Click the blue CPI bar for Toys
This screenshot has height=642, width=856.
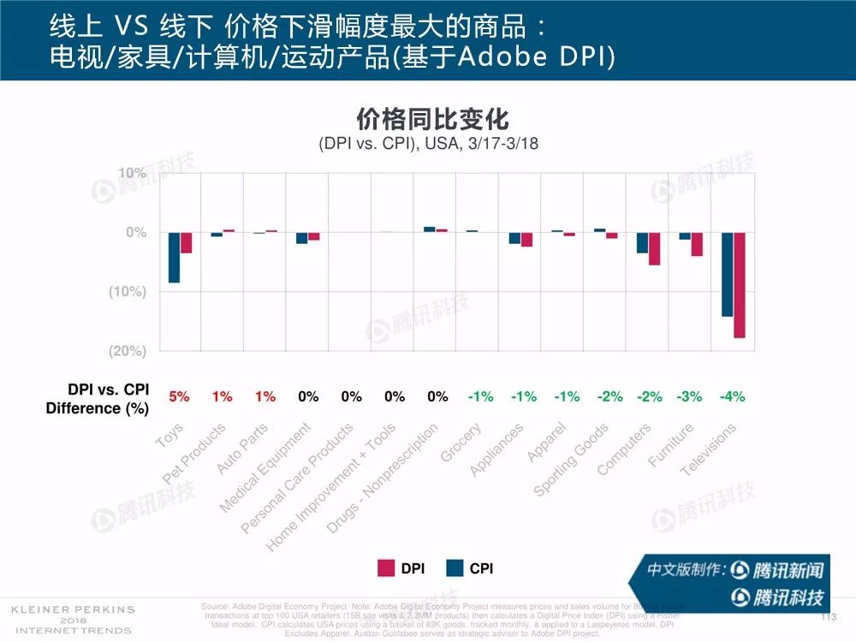[174, 257]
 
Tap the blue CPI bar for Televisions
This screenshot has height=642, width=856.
[728, 274]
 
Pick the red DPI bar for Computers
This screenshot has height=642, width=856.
[654, 248]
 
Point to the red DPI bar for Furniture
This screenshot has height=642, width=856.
[697, 244]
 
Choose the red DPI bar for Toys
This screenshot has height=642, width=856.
[186, 242]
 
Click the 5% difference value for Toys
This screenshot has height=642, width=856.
[178, 396]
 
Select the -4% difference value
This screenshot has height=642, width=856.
[733, 396]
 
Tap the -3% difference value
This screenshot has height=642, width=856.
[689, 396]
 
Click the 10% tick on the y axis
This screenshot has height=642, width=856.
[133, 174]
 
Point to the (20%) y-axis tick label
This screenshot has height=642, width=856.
[128, 350]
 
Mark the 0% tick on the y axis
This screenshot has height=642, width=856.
[136, 232]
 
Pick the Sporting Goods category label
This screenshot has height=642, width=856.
[571, 460]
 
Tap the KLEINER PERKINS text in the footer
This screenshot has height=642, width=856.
[72, 609]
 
